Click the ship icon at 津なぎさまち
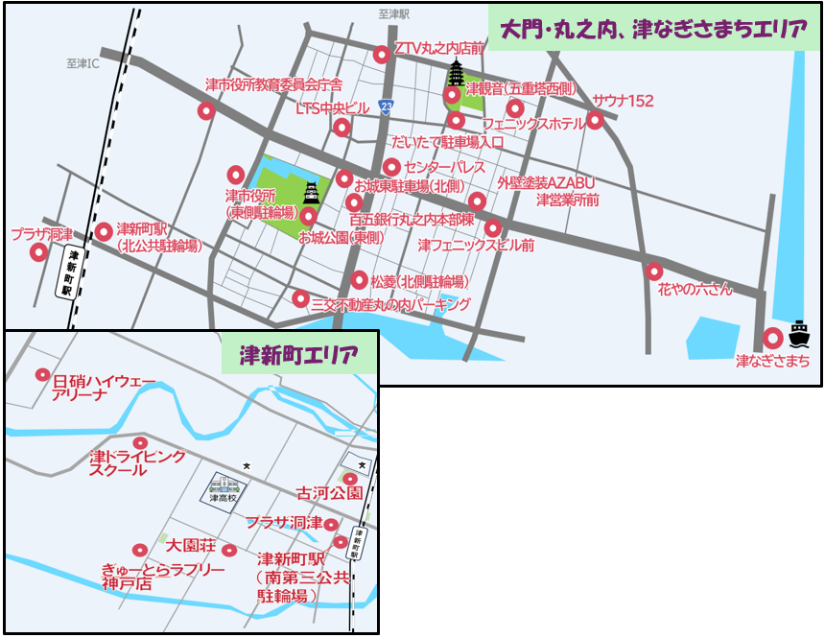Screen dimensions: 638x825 (799, 335)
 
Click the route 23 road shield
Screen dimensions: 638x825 (386, 106)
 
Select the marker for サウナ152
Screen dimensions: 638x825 (595, 120)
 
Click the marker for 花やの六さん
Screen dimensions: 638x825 (654, 272)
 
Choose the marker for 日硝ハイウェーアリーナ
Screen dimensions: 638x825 (42, 375)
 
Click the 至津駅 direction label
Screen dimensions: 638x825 (393, 14)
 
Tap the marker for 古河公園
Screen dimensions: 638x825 (350, 479)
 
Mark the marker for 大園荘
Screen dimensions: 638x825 (229, 551)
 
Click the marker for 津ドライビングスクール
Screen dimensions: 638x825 (140, 443)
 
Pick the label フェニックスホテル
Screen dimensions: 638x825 (533, 125)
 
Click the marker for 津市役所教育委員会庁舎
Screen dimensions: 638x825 (205, 111)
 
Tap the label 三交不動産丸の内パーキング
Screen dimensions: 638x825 (390, 304)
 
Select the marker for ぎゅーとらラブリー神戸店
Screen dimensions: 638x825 (140, 551)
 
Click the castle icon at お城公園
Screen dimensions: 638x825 (311, 194)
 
